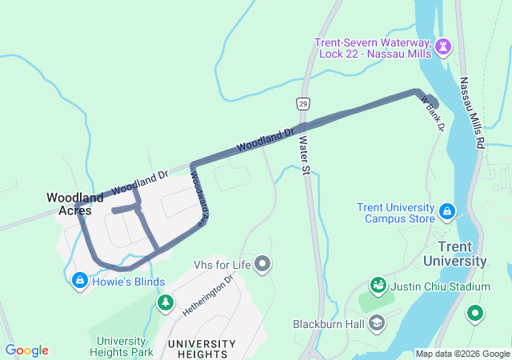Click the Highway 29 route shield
pyautogui.click(x=302, y=104)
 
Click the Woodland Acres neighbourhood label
pyautogui.click(x=74, y=204)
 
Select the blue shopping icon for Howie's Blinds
pyautogui.click(x=79, y=281)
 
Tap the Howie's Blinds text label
pyautogui.click(x=128, y=282)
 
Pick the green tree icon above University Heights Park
pyautogui.click(x=166, y=302)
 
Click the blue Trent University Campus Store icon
pyautogui.click(x=447, y=212)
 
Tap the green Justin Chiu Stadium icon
pyautogui.click(x=378, y=286)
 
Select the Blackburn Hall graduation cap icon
pyautogui.click(x=378, y=323)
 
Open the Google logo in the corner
pyautogui.click(x=26, y=350)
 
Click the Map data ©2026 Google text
pyautogui.click(x=462, y=354)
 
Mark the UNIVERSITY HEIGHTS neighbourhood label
pyautogui.click(x=202, y=346)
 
